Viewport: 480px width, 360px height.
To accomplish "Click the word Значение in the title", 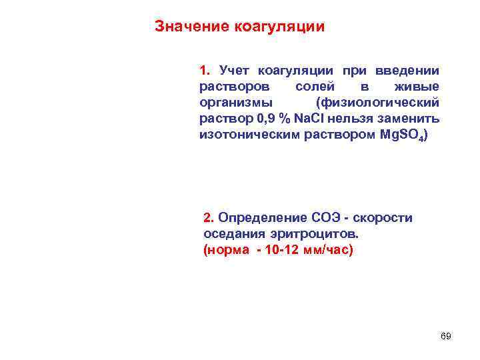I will pyautogui.click(x=192, y=27).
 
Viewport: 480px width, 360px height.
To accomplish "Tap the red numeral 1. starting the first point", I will pyautogui.click(x=205, y=71).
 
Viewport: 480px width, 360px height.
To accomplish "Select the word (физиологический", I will pyautogui.click(x=379, y=103).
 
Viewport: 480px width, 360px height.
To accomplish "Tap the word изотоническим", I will pyautogui.click(x=245, y=135).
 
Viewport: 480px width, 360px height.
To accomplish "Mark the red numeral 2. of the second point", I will pyautogui.click(x=209, y=218).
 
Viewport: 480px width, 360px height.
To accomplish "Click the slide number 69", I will pyautogui.click(x=446, y=336).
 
